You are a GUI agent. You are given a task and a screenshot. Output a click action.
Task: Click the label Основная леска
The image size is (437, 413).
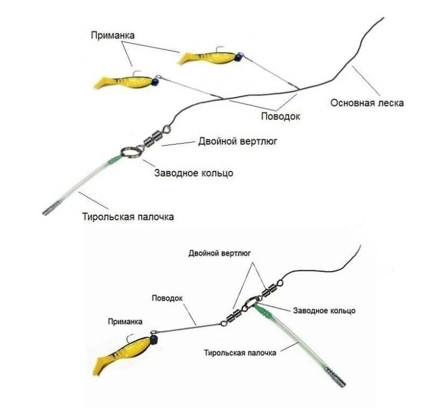click(x=367, y=103)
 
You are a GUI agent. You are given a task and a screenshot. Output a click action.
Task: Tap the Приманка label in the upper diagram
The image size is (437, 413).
click(x=112, y=35)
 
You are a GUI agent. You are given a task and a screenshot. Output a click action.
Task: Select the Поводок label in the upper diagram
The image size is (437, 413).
click(x=280, y=116)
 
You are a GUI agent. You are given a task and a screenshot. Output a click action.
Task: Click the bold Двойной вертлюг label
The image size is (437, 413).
click(x=220, y=253)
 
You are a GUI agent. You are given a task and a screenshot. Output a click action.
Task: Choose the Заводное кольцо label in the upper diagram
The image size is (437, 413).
click(x=194, y=173)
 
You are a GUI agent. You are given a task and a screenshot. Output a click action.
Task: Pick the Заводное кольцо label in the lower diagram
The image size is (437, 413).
click(x=323, y=311)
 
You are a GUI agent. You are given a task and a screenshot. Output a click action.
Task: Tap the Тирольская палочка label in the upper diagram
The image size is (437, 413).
click(x=129, y=217)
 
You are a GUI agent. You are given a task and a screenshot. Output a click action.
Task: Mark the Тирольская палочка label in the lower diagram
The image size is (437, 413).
click(x=240, y=353)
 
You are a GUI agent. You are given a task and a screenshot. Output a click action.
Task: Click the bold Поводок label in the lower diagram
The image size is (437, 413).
click(x=167, y=297)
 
